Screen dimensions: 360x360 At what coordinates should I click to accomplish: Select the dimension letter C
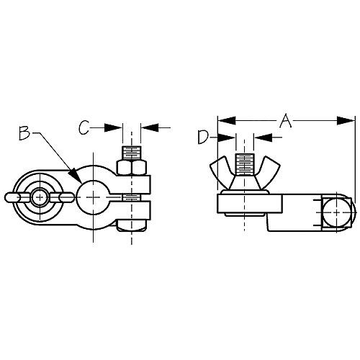[x=84, y=127]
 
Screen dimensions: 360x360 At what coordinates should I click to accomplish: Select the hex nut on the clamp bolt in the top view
[x=131, y=171]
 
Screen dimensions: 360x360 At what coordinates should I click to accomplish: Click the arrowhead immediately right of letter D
[x=230, y=137]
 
